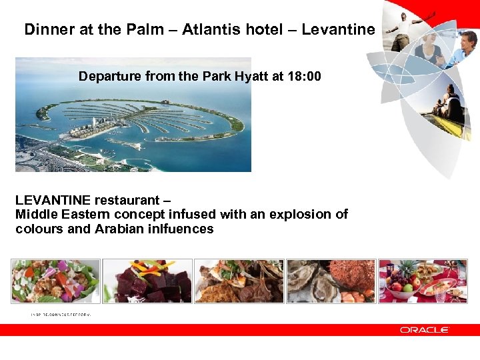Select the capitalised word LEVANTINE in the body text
click(x=53, y=200)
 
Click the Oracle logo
click(x=424, y=330)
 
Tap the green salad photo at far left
click(x=56, y=281)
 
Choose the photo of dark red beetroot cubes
click(x=147, y=281)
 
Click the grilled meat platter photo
click(x=239, y=281)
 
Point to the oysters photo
click(x=330, y=281)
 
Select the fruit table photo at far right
click(x=423, y=281)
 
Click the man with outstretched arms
click(x=406, y=30)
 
